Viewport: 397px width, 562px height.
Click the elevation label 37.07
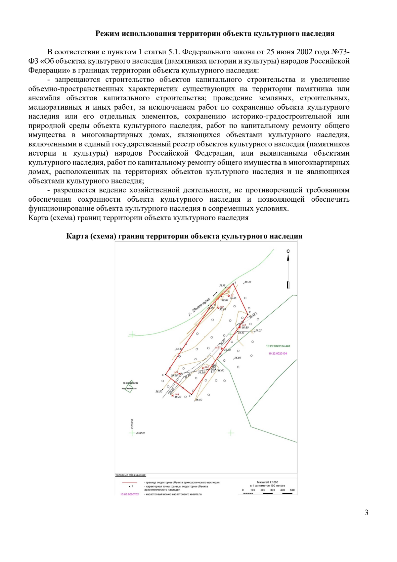click(258, 331)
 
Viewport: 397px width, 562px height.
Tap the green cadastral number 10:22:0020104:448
click(278, 346)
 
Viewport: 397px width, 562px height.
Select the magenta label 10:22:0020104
click(278, 354)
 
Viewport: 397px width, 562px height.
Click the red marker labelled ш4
click(173, 395)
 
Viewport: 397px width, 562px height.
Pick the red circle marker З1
click(229, 296)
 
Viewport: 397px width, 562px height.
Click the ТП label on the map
click(213, 372)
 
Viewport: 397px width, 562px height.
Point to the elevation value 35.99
click(238, 358)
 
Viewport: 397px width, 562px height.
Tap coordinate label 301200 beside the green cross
click(140, 433)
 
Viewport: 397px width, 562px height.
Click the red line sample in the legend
click(129, 483)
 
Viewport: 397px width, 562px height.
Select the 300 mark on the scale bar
click(273, 490)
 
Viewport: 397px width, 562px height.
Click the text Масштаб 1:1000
click(267, 483)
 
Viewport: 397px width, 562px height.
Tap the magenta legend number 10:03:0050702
click(129, 494)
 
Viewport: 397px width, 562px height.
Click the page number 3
click(366, 513)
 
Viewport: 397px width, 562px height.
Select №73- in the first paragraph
click(340, 52)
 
